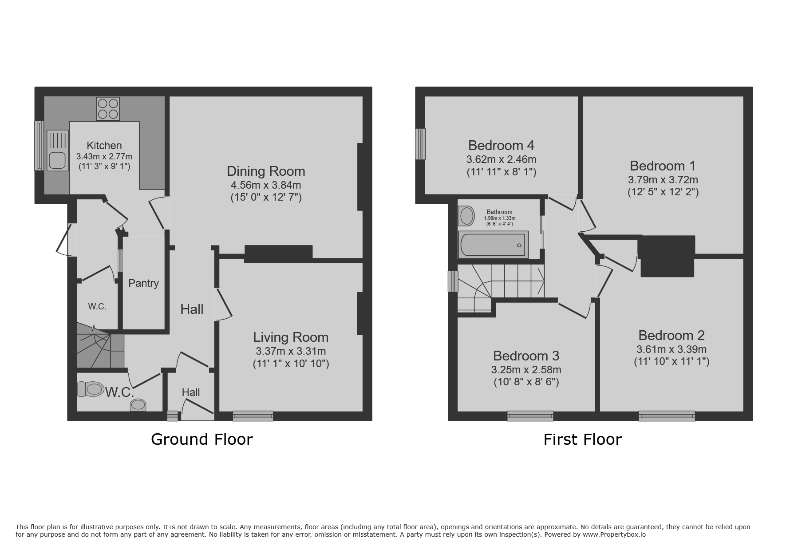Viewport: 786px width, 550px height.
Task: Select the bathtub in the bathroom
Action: [x=493, y=245]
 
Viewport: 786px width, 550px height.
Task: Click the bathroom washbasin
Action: [x=466, y=216]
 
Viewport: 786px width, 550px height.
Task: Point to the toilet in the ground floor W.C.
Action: [x=91, y=389]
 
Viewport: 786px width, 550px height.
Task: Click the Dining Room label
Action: [x=266, y=171]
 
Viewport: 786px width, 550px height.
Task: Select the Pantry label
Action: [x=143, y=283]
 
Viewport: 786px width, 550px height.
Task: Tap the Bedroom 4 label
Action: [x=501, y=146]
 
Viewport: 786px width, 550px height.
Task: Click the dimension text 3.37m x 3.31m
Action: [x=291, y=352]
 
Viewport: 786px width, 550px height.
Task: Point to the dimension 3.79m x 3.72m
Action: [x=663, y=180]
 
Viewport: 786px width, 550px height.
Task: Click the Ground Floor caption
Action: [x=201, y=439]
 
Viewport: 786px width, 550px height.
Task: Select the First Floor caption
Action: [x=582, y=439]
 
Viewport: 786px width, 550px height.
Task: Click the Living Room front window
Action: [x=253, y=416]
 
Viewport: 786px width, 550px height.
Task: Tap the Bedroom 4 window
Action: [x=420, y=144]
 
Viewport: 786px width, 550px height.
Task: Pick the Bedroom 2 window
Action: [x=667, y=416]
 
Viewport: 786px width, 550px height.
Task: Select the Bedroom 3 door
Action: [x=574, y=309]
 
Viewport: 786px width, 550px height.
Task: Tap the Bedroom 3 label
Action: [x=526, y=356]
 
